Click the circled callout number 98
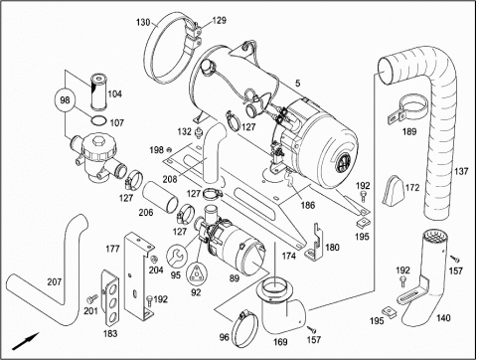(x=66, y=99)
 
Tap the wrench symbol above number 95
(x=177, y=256)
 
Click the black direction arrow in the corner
(x=26, y=341)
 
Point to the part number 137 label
(x=461, y=171)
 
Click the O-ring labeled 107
(x=98, y=121)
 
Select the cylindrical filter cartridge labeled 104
(x=98, y=91)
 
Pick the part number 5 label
(x=298, y=84)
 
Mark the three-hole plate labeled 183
(x=110, y=298)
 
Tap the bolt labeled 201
(x=91, y=298)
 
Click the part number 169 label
(x=280, y=342)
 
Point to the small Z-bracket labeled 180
(x=314, y=242)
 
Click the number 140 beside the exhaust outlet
(x=443, y=318)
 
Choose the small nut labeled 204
(x=153, y=259)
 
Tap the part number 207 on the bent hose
(x=55, y=281)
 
